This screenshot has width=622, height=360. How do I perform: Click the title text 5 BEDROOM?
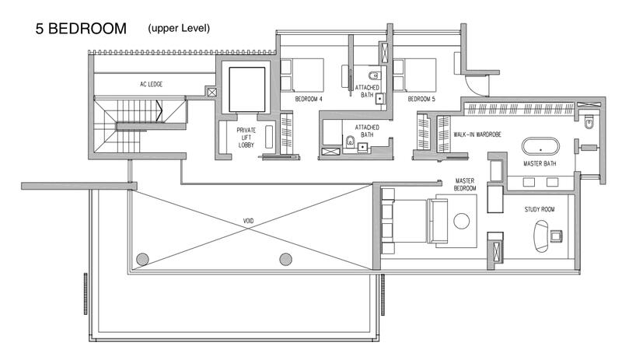tap(80, 30)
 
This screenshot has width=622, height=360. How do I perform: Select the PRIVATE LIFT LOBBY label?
tap(246, 136)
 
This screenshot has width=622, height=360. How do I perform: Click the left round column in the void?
tap(142, 259)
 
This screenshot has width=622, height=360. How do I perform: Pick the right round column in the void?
tap(285, 259)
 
